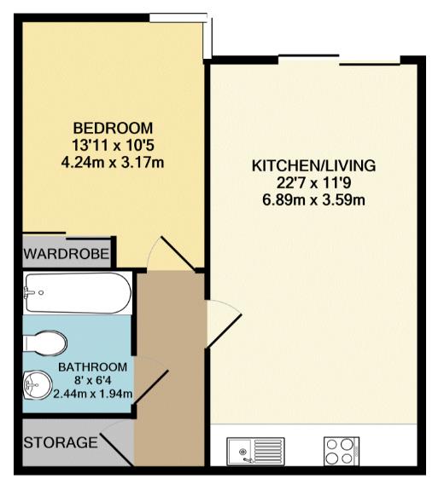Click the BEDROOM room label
click(x=113, y=128)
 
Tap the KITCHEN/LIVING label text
click(x=313, y=166)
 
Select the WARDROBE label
click(x=67, y=254)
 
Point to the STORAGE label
click(x=61, y=442)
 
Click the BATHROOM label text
click(x=93, y=367)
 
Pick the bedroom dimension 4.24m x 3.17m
click(x=113, y=162)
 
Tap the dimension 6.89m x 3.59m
click(x=313, y=200)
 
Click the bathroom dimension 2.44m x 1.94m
click(x=93, y=394)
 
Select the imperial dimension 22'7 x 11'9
click(x=313, y=183)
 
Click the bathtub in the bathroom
click(x=79, y=293)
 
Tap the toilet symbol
click(x=45, y=343)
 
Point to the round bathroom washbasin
click(x=38, y=384)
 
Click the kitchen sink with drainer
click(x=255, y=452)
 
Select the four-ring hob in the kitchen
click(x=342, y=451)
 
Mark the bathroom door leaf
click(x=150, y=387)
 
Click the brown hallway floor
click(x=170, y=371)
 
